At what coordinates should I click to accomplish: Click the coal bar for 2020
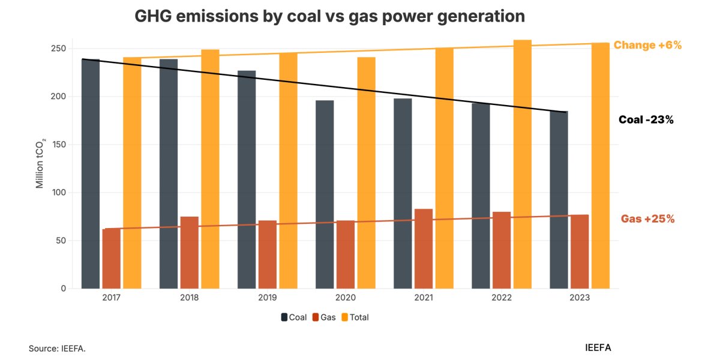[x=325, y=194]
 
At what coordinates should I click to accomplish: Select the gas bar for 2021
[x=424, y=248]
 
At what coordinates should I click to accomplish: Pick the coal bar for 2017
[x=91, y=174]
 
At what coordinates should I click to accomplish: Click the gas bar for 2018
[x=190, y=253]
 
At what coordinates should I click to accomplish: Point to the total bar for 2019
[x=288, y=170]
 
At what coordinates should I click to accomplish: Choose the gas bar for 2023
[x=580, y=251]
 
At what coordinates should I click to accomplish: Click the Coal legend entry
[x=294, y=317]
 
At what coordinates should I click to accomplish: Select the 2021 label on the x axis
[x=424, y=298]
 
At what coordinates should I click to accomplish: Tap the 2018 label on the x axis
[x=190, y=298]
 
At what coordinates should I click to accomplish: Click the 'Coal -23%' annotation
[x=646, y=120]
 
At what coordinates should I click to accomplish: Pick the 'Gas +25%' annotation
[x=647, y=219]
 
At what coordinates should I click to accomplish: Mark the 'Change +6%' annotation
[x=647, y=45]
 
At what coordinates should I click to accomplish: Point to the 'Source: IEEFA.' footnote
[x=57, y=348]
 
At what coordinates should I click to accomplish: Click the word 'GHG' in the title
[x=154, y=16]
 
